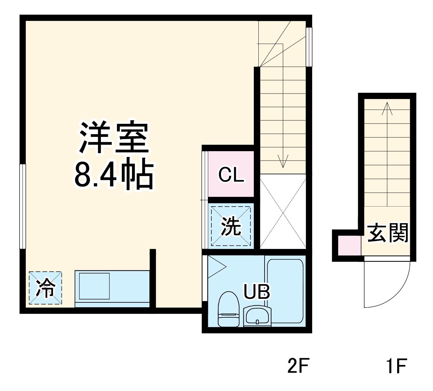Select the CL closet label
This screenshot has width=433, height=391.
pos(231,175)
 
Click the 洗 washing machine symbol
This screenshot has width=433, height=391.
pos(231,226)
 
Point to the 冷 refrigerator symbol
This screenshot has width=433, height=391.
pos(45,288)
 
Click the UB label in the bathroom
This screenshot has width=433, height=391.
pos(257,292)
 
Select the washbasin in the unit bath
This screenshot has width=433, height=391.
pos(257,316)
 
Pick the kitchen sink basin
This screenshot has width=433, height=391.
pos(94,286)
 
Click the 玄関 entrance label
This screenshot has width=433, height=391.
pos(388,233)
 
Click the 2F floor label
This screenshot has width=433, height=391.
pos(298,366)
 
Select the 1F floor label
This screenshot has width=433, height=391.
pos(397,366)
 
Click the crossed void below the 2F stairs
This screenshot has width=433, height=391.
pos(283,211)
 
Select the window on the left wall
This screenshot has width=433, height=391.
pos(22,207)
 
